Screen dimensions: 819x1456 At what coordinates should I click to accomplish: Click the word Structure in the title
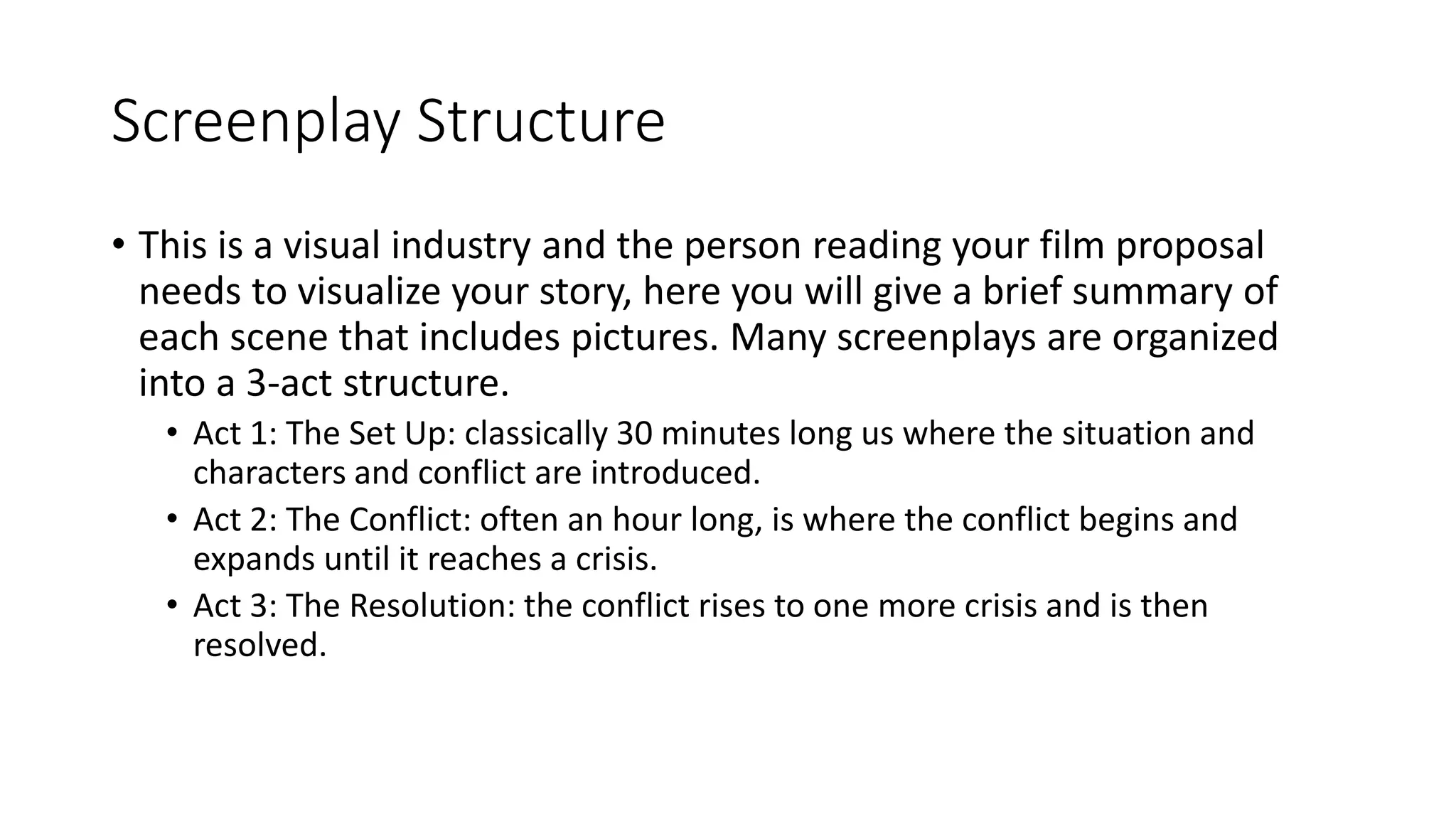pyautogui.click(x=540, y=121)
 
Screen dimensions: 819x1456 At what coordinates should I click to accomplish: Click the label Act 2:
pyautogui.click(x=235, y=520)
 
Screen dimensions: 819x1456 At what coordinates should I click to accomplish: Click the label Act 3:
pyautogui.click(x=235, y=606)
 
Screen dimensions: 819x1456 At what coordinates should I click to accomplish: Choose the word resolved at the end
pyautogui.click(x=259, y=646)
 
